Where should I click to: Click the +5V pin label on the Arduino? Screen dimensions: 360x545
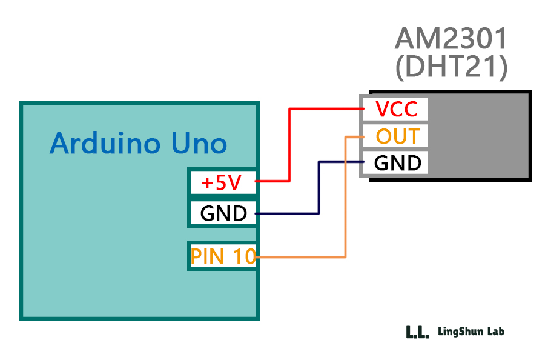coord(222,182)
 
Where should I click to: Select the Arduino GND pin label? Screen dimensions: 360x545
coord(223,213)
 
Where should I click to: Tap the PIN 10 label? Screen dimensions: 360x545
coord(223,256)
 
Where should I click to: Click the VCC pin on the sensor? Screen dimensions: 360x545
coord(396,110)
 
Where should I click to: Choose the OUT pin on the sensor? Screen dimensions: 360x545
coord(397,136)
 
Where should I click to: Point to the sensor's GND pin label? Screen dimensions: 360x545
coord(397,163)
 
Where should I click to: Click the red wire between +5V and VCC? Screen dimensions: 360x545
coord(289,145)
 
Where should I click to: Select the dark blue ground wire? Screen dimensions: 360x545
coord(319,188)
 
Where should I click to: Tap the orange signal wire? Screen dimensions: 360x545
coord(345,200)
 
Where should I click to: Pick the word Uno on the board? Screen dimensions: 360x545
coord(199,144)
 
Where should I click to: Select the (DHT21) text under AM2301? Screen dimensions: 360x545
coord(451,68)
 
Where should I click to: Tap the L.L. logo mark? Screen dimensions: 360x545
coord(417,332)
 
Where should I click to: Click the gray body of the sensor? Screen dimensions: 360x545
coord(478,136)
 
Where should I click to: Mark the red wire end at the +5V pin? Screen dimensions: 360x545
coord(259,181)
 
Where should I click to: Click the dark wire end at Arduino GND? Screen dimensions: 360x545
coord(259,213)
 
